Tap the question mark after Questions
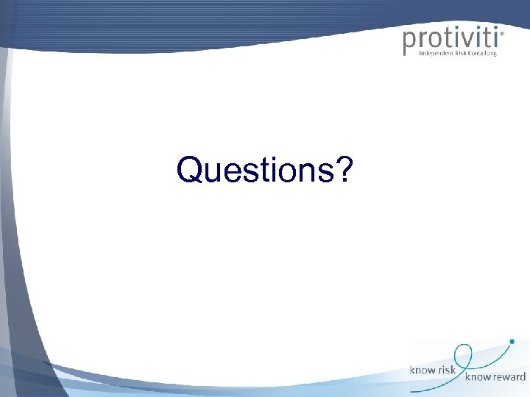344,171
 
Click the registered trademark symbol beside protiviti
502,33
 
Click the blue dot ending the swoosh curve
512,341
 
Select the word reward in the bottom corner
507,377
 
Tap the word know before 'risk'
423,371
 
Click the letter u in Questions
211,174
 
